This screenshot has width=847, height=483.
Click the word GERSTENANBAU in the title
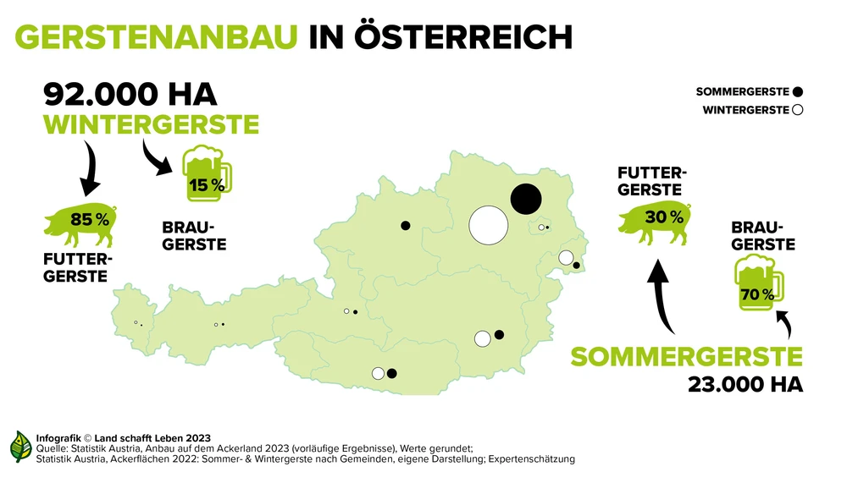[157, 36]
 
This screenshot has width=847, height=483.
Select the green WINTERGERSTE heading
[152, 125]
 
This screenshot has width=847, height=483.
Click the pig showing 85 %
[81, 222]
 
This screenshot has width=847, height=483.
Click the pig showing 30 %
[656, 220]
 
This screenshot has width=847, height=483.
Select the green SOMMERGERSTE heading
[686, 356]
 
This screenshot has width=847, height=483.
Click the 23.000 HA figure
[745, 385]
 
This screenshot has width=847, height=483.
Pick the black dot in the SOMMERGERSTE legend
[799, 91]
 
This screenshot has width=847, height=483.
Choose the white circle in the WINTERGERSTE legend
[798, 110]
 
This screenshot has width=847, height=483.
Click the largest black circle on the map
[525, 199]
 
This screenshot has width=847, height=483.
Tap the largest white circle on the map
[489, 225]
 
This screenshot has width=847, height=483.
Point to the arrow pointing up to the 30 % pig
[662, 295]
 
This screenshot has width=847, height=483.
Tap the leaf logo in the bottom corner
[20, 447]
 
